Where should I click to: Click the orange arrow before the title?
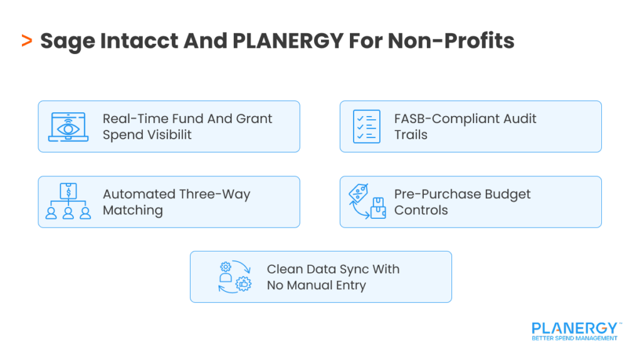point(26,41)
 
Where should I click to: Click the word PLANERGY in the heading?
point(288,41)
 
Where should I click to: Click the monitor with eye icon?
point(68,127)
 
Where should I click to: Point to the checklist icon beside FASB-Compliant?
point(366,127)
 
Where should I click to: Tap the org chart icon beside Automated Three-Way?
point(68,202)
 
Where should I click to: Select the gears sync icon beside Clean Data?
point(234,277)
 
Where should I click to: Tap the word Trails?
point(411,135)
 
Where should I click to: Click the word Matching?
point(132,210)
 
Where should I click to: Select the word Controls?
point(421,210)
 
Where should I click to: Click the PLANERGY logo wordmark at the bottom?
point(574,329)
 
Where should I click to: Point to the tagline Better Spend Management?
point(574,339)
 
